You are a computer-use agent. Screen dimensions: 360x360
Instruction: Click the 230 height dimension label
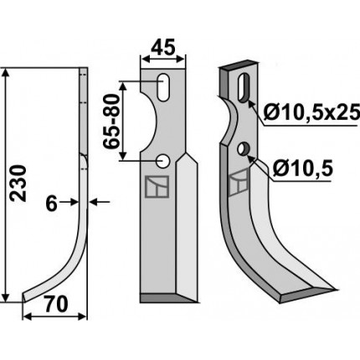[18, 183]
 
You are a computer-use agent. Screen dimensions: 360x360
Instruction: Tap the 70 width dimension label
[56, 305]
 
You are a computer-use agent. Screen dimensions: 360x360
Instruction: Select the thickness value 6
[51, 203]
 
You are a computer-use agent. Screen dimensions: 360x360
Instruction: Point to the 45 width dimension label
[163, 47]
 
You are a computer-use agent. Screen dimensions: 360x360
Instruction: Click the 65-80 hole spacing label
[111, 121]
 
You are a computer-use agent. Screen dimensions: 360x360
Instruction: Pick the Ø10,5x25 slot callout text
[311, 113]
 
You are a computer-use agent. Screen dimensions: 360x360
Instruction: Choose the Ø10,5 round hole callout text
[302, 168]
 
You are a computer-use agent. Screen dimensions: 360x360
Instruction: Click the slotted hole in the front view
[163, 88]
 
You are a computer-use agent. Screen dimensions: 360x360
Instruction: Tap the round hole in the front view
[163, 162]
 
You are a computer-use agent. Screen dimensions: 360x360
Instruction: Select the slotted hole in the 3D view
[244, 87]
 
